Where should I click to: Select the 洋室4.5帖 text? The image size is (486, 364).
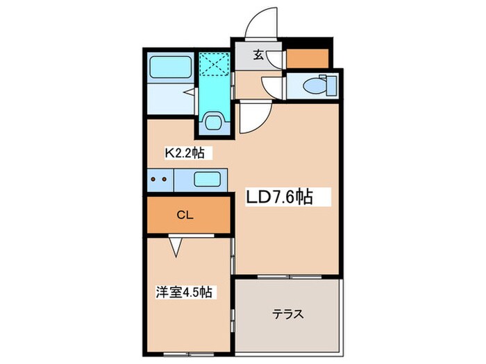(183, 293)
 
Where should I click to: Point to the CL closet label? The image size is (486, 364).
(184, 215)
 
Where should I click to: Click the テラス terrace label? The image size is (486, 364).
(287, 313)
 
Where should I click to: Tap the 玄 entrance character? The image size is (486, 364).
(258, 55)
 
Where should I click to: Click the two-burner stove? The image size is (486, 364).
(160, 180)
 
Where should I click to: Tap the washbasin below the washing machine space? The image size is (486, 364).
(212, 123)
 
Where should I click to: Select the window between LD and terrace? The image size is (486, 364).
(289, 276)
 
